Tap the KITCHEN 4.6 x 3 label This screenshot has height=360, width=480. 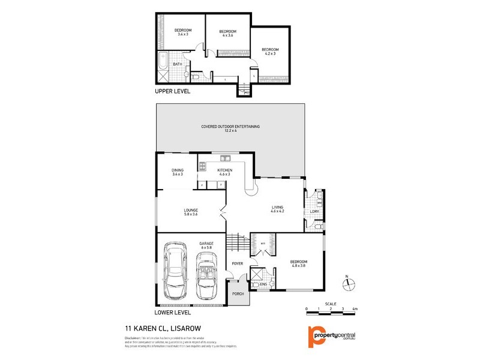click(225, 172)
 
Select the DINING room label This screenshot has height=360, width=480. click(178, 172)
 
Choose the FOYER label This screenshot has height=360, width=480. click(238, 263)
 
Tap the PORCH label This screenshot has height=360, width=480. click(238, 294)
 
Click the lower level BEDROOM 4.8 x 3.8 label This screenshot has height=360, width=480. click(298, 264)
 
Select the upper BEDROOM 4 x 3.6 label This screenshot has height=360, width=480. click(227, 34)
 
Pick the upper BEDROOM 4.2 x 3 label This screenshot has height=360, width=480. click(269, 52)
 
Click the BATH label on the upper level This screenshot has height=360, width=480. click(178, 64)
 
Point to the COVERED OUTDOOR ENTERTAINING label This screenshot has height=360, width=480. click(230, 129)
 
